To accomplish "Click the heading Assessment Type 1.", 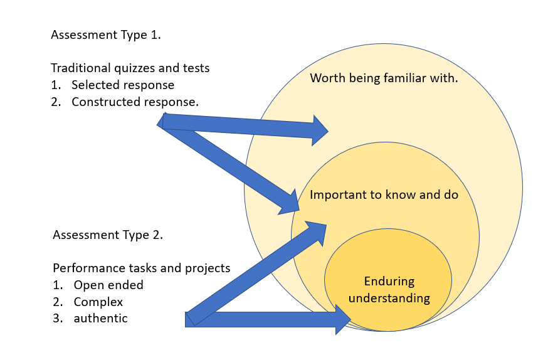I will [106, 35].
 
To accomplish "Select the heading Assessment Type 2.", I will [108, 235].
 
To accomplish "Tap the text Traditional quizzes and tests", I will [130, 68].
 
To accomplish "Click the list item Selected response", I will [123, 85].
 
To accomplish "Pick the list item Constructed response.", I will [135, 102].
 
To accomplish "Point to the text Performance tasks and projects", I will [141, 268].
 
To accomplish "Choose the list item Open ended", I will [108, 285].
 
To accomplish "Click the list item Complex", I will [98, 302].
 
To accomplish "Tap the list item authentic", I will [100, 319].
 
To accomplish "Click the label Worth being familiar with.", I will [384, 78].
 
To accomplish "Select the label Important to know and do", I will [384, 195].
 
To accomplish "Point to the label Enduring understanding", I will [389, 289].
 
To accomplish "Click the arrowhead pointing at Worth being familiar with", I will [320, 130].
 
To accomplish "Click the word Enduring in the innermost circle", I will [389, 281].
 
